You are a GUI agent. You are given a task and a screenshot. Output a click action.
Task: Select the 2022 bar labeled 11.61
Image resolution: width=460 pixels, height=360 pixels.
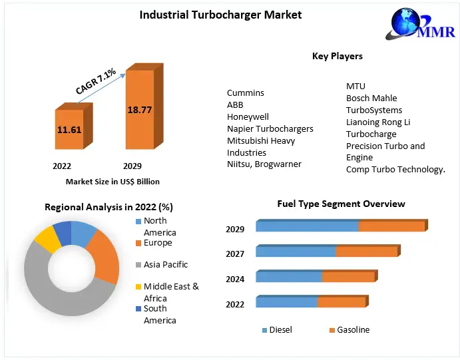69,129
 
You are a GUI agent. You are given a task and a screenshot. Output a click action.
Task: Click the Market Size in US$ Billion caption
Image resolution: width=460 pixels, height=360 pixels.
113,181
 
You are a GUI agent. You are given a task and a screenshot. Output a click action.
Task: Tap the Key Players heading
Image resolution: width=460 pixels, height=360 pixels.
337,56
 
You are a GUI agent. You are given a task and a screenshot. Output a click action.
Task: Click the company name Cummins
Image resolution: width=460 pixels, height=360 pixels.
245,93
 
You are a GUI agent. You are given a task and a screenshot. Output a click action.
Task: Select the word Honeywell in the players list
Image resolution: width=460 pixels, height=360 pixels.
248,117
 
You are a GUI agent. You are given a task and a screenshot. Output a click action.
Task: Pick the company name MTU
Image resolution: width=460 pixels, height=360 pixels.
355,87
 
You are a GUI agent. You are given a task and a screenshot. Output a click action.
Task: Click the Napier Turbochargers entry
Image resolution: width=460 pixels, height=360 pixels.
270,129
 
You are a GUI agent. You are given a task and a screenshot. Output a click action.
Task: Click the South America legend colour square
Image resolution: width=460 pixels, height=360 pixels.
138,309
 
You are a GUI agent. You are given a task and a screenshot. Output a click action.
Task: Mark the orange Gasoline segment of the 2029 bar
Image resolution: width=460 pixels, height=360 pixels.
391,226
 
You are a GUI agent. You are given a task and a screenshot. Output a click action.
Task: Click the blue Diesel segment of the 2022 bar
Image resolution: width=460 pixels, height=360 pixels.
286,302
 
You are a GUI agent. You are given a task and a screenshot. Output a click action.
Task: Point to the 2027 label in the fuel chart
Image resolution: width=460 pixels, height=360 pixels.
235,254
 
